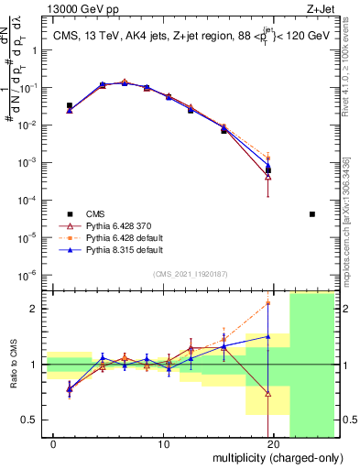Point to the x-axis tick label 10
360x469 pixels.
click(163, 445)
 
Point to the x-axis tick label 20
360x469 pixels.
click(272, 445)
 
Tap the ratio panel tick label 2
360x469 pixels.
click(35, 309)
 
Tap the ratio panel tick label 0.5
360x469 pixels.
click(31, 420)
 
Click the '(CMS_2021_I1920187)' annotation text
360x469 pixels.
click(191, 274)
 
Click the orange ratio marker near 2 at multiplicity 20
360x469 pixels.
click(268, 302)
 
